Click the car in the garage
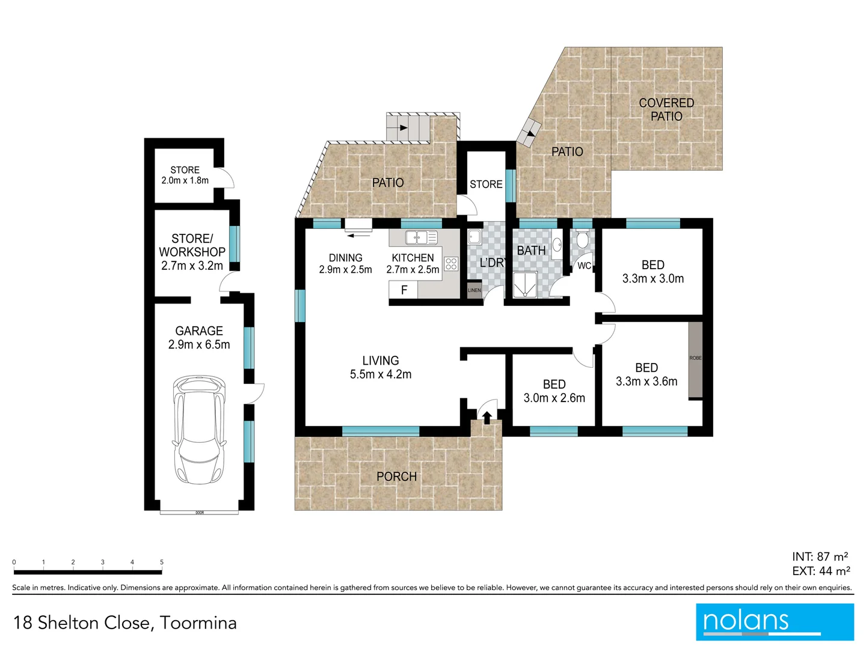click(199, 430)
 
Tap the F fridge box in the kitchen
click(404, 290)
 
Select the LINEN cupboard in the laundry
click(474, 290)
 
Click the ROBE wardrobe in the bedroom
click(695, 359)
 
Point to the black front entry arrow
click(487, 416)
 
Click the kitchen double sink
click(421, 237)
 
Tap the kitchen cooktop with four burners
click(450, 263)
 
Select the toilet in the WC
click(582, 240)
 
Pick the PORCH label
click(396, 477)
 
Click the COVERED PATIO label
click(666, 109)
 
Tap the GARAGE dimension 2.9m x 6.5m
click(199, 345)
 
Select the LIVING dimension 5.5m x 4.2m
click(381, 374)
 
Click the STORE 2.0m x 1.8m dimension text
click(185, 180)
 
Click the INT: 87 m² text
click(820, 556)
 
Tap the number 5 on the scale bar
click(162, 562)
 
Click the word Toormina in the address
click(198, 623)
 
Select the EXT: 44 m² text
click(821, 571)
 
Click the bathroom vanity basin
click(557, 245)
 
